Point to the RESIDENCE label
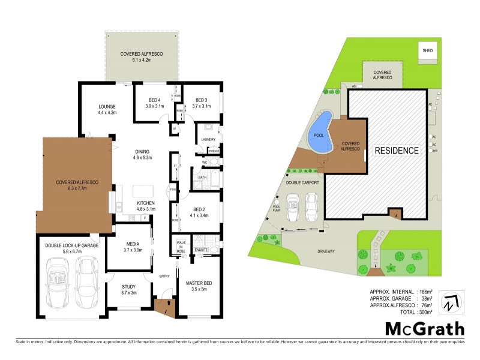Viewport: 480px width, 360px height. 397,151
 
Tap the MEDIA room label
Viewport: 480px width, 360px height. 133,244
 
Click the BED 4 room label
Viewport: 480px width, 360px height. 154,100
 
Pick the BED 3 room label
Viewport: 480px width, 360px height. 200,100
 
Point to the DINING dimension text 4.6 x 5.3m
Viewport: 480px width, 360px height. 142,158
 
